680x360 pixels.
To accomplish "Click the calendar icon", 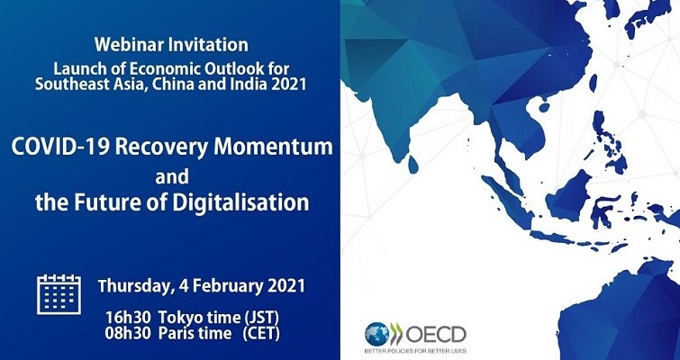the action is point(59,294).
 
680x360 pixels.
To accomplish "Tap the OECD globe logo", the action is point(376,334).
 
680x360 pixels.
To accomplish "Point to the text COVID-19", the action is point(60,147).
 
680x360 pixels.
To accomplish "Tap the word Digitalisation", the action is point(240,202).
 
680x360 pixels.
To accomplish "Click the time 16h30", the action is point(128,318).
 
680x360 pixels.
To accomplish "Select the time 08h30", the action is point(128,334).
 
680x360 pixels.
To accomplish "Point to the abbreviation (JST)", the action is point(261,318).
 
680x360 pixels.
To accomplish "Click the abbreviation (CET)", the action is point(261,334).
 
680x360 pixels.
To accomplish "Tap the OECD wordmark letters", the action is point(436,334).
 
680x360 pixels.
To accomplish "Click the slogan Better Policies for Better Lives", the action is point(415,350).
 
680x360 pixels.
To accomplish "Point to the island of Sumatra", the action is point(507,202).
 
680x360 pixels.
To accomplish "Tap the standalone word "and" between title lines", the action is point(172,176).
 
